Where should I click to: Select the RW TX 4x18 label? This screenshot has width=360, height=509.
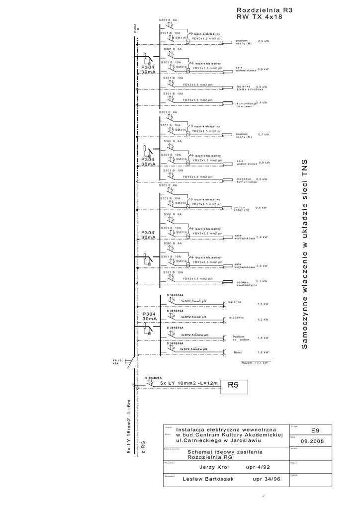click(260, 17)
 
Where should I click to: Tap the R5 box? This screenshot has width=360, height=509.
click(233, 384)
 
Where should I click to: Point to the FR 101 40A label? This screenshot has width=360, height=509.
click(118, 361)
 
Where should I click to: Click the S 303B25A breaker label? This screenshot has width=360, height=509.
click(154, 378)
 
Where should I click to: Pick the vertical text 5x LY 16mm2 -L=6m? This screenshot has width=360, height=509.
click(129, 427)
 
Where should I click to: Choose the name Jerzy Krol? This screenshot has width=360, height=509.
click(214, 467)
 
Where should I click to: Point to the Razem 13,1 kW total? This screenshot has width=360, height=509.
click(255, 363)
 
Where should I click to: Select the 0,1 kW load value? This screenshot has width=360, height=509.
click(262, 281)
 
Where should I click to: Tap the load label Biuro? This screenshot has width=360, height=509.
click(238, 351)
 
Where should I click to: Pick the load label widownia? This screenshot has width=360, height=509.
click(236, 317)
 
